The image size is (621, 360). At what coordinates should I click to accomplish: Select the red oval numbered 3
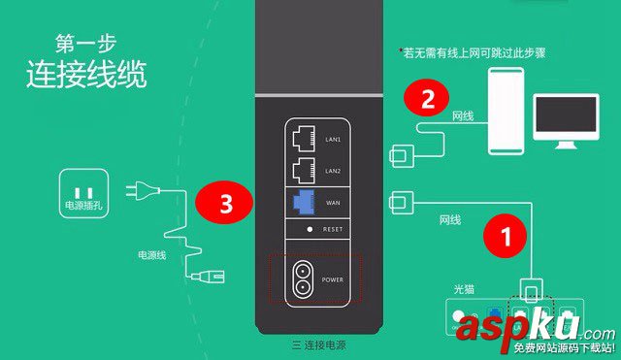(x=224, y=205)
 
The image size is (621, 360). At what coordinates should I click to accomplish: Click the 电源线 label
(x=152, y=259)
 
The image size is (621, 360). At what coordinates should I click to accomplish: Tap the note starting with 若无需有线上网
(x=472, y=52)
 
